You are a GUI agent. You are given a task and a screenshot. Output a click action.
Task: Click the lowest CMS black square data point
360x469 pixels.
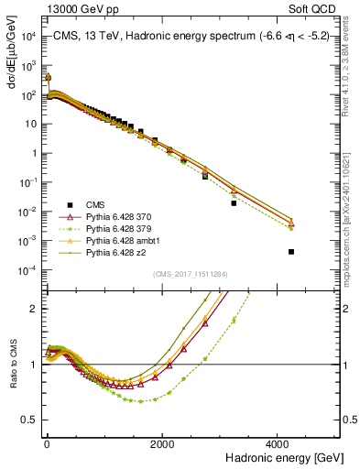point(291,251)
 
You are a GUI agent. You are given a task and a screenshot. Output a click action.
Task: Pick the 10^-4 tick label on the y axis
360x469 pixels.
point(27,269)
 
